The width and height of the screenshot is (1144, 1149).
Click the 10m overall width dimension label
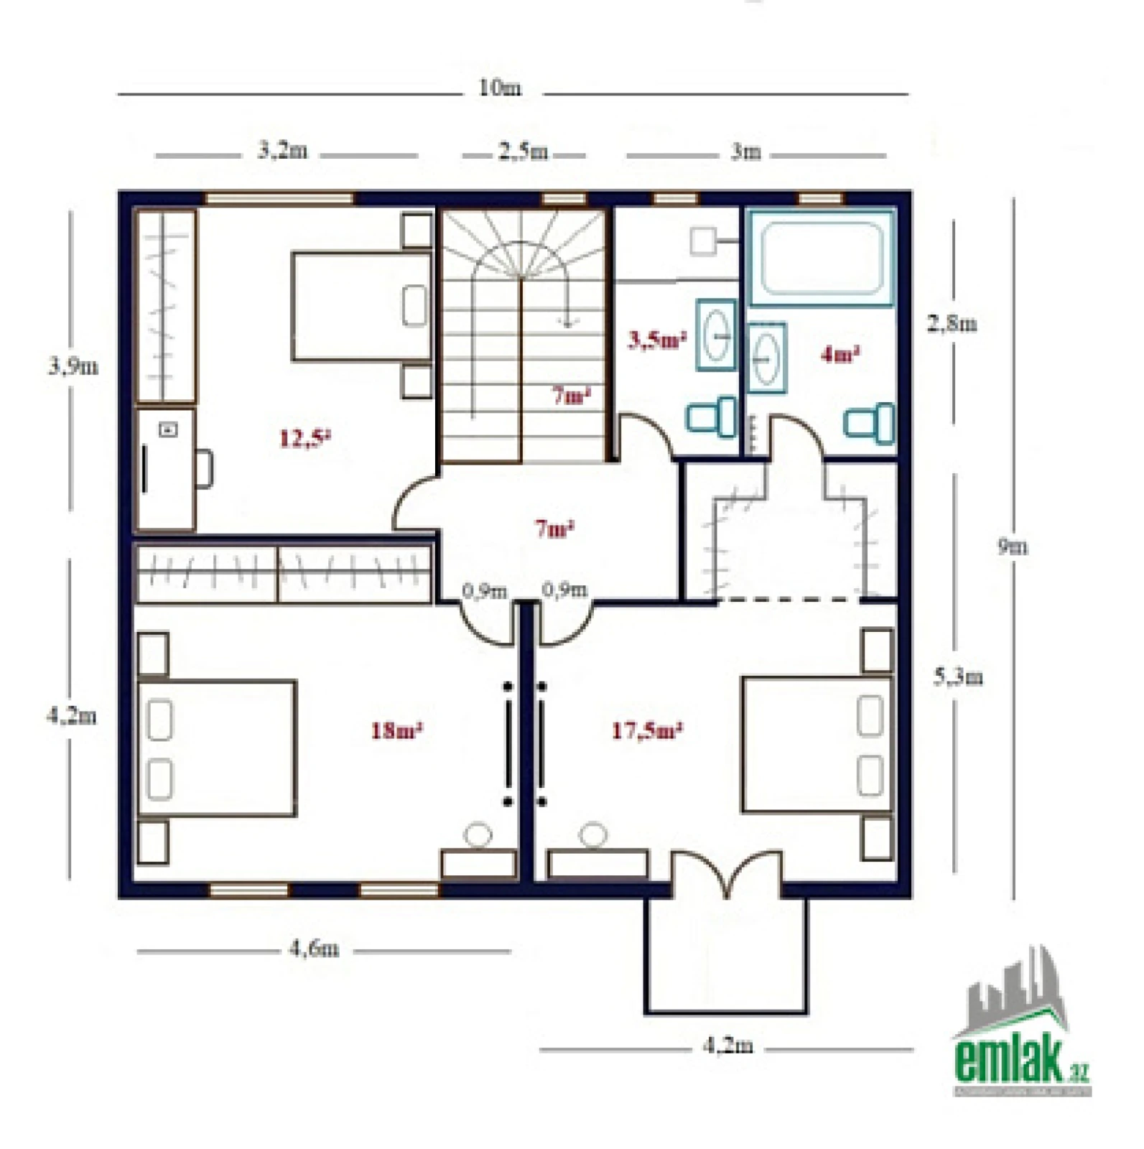pyautogui.click(x=501, y=88)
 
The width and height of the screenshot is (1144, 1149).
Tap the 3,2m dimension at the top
pyautogui.click(x=283, y=151)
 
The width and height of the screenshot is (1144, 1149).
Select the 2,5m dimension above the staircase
pyautogui.click(x=524, y=152)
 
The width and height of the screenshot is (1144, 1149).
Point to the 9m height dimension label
pyautogui.click(x=1013, y=546)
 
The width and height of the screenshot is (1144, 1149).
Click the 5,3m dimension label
pyautogui.click(x=958, y=677)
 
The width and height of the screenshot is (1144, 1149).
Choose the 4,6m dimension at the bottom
pyautogui.click(x=314, y=949)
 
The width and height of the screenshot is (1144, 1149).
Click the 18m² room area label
pyautogui.click(x=396, y=731)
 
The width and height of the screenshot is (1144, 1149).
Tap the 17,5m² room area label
pyautogui.click(x=646, y=731)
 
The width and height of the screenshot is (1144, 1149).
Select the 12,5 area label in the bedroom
pyautogui.click(x=304, y=437)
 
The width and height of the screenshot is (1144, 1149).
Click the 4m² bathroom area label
pyautogui.click(x=840, y=354)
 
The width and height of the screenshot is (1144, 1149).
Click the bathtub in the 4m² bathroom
pyautogui.click(x=822, y=258)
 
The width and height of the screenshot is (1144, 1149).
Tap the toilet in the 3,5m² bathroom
pyautogui.click(x=712, y=417)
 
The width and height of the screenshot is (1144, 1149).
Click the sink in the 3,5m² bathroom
pyautogui.click(x=716, y=335)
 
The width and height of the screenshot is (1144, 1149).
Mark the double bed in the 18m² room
pyautogui.click(x=216, y=748)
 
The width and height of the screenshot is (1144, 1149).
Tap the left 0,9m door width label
pyautogui.click(x=485, y=591)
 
